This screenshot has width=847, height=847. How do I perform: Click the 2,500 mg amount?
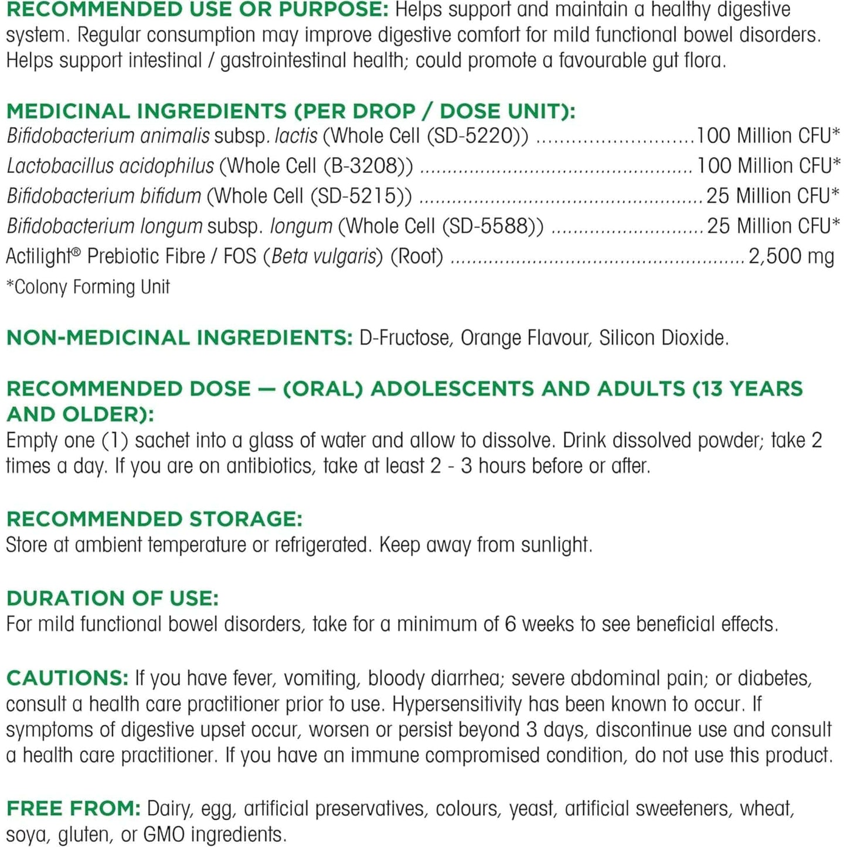click(791, 256)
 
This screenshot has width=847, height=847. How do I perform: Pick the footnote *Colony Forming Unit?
click(88, 287)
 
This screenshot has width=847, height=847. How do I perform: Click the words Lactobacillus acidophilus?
click(110, 166)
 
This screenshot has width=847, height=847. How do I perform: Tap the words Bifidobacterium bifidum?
click(104, 196)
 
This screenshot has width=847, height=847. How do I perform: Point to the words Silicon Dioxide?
click(663, 338)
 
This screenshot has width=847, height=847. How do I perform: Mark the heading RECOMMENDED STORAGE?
click(154, 519)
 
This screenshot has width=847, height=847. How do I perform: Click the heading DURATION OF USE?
click(112, 598)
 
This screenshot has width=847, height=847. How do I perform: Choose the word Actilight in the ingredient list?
click(38, 256)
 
